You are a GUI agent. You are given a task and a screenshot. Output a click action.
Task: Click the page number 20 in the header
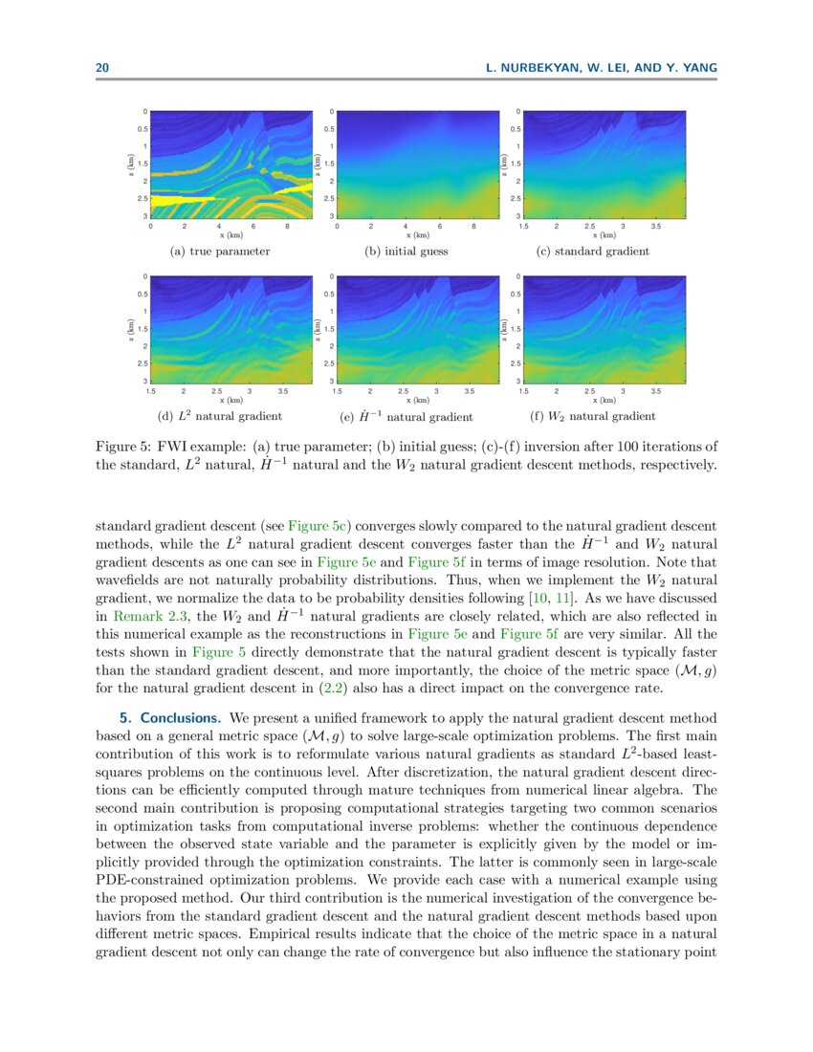101,68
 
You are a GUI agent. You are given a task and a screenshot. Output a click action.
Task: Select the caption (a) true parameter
219,252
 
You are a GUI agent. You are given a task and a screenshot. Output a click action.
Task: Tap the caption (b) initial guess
406,252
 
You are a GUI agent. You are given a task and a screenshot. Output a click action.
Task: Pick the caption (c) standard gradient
593,252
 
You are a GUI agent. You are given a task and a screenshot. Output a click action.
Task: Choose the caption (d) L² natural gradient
219,416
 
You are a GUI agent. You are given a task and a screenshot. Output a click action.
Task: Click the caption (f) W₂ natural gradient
593,416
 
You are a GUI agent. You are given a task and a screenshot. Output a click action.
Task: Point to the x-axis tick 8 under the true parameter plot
288,227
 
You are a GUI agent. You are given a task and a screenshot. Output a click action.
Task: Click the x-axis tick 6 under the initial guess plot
440,227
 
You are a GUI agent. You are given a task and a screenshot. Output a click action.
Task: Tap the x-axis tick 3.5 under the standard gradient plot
656,227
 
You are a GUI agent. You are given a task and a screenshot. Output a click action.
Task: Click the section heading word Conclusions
182,717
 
